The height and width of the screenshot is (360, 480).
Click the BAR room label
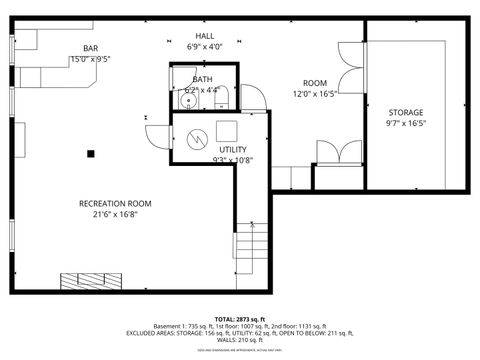click(x=90, y=47)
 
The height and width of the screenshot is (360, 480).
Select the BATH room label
click(x=202, y=79)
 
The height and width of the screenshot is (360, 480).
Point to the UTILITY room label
click(x=233, y=149)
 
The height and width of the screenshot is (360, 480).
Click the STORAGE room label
click(x=405, y=112)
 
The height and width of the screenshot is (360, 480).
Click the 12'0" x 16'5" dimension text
click(x=315, y=94)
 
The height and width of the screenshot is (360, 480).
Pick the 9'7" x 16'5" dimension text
click(x=405, y=124)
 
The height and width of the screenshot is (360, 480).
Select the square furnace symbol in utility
click(x=227, y=130)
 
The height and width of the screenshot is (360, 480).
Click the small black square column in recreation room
click(x=91, y=154)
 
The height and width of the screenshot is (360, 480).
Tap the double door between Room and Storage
click(x=350, y=71)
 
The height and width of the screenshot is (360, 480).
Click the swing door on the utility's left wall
click(x=157, y=139)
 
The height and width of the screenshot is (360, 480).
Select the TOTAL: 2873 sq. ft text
click(x=240, y=315)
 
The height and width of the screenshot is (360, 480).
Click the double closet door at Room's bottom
click(x=339, y=152)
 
